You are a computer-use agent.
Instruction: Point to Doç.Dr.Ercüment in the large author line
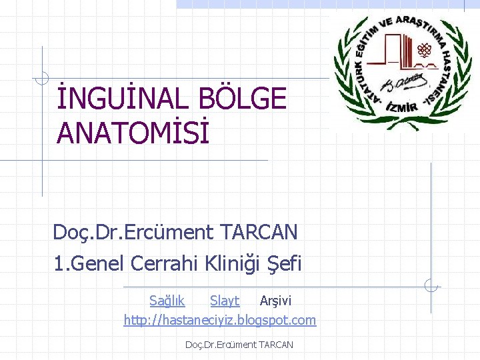click(134, 232)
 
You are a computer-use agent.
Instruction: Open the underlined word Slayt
click(225, 301)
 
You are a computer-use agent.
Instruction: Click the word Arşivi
click(275, 301)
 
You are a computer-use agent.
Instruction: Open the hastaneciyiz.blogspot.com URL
click(220, 320)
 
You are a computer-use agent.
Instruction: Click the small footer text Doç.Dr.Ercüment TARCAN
click(239, 344)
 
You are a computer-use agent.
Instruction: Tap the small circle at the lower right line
click(431, 286)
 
